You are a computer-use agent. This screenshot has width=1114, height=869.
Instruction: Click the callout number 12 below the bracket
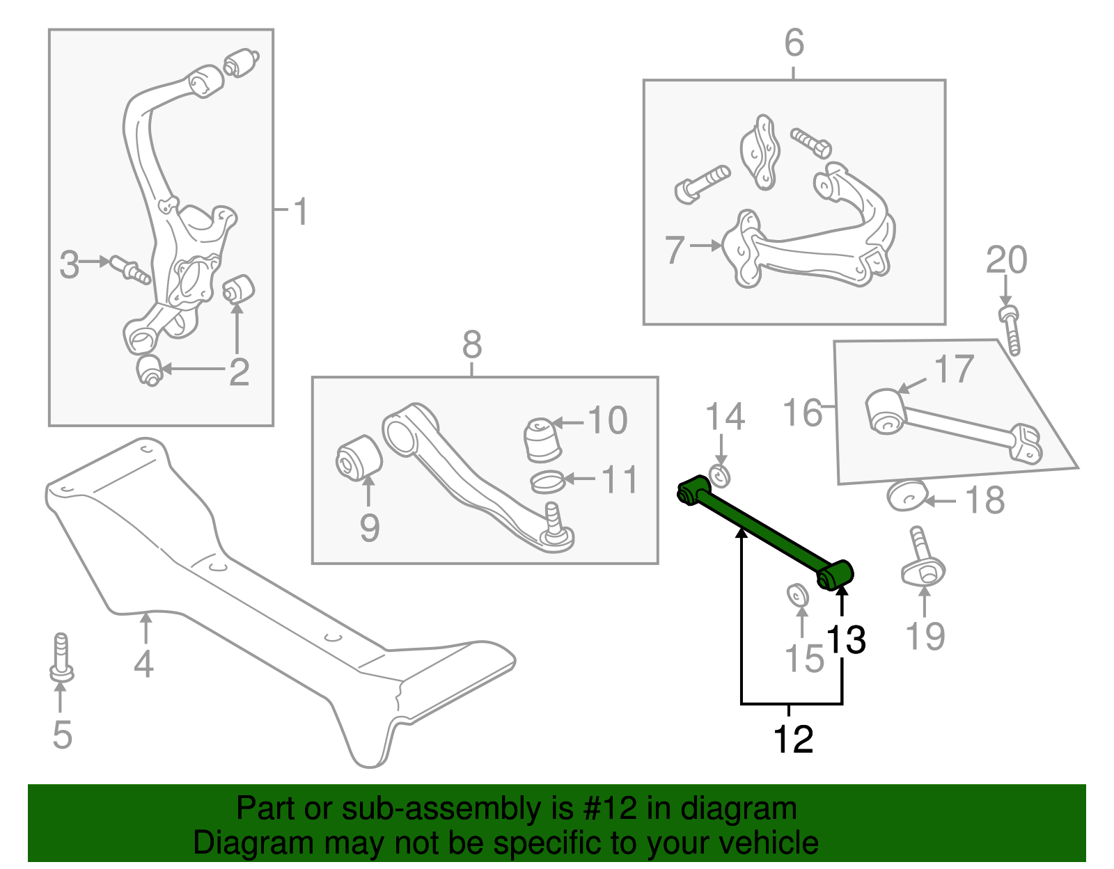[793, 739]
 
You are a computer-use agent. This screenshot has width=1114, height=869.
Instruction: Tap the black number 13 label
[845, 639]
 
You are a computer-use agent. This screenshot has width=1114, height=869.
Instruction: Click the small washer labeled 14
[719, 476]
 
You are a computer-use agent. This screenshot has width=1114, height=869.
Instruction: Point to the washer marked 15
[798, 596]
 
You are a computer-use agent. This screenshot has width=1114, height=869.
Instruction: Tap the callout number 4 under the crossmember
[143, 664]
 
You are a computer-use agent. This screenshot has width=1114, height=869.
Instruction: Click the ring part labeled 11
[547, 480]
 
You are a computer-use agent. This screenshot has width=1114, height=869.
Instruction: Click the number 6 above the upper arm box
[794, 43]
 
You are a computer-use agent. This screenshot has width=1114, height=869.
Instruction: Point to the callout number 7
[675, 250]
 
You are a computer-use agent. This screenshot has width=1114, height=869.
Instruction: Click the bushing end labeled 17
[885, 411]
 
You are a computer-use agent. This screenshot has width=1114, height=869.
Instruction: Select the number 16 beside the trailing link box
[803, 413]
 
